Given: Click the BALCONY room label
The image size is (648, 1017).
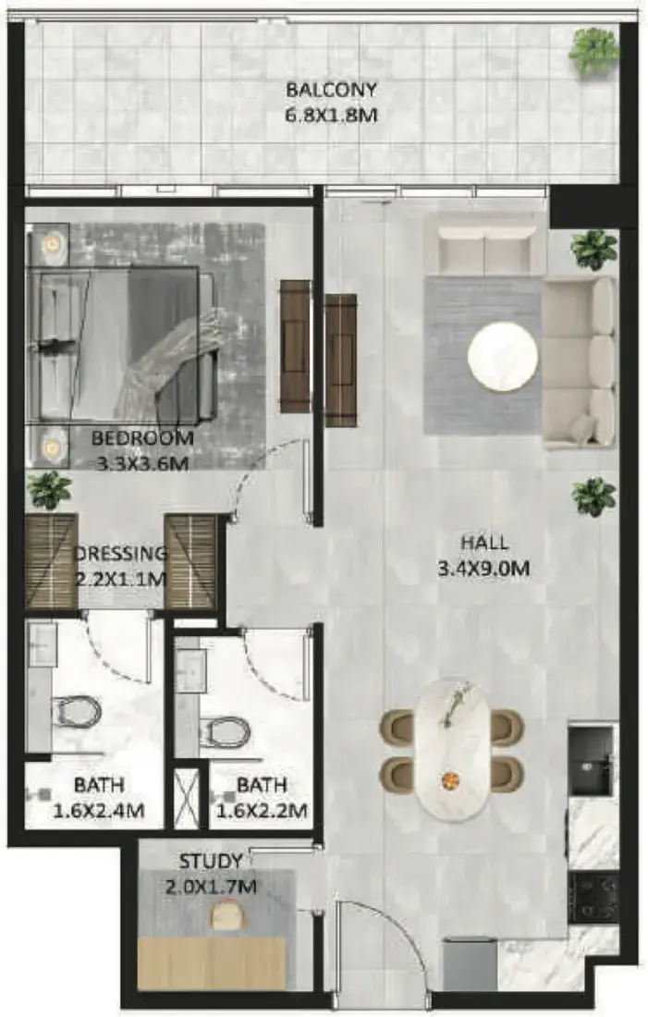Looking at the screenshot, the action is (x=331, y=90).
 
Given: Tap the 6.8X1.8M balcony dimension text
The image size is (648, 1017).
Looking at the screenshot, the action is (x=331, y=116).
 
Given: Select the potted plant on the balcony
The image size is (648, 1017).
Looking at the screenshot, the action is (x=593, y=51).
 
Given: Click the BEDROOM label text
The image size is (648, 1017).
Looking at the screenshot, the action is (x=142, y=438).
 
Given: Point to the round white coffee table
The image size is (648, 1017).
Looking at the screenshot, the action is (x=503, y=358).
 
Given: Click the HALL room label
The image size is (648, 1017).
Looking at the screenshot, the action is (x=483, y=542).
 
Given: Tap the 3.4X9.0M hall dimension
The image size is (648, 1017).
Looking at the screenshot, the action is (x=483, y=569).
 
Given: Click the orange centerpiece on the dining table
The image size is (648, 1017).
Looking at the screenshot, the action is (x=448, y=780).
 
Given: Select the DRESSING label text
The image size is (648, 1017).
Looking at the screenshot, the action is (x=121, y=553).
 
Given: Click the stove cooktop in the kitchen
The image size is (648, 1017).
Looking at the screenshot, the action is (x=593, y=897).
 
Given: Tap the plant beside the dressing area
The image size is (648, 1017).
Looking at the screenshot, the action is (x=49, y=490).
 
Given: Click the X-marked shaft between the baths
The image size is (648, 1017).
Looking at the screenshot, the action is (x=186, y=797).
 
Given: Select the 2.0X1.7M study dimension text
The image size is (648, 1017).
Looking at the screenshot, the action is (x=211, y=887).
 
